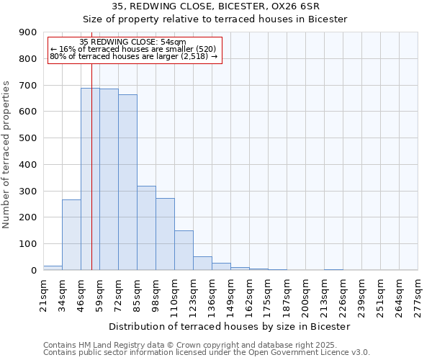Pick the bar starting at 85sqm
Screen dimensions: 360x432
146,228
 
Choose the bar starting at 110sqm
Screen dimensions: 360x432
184,250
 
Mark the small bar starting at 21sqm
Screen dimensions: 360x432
53,268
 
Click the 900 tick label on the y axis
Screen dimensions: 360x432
28,32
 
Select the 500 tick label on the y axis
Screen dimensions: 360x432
28,138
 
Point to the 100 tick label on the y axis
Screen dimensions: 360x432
28,244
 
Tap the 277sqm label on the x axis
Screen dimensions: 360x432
418,296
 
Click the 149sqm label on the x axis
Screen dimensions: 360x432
231,296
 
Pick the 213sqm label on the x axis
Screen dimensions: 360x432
325,296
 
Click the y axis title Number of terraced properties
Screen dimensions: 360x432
7,155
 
